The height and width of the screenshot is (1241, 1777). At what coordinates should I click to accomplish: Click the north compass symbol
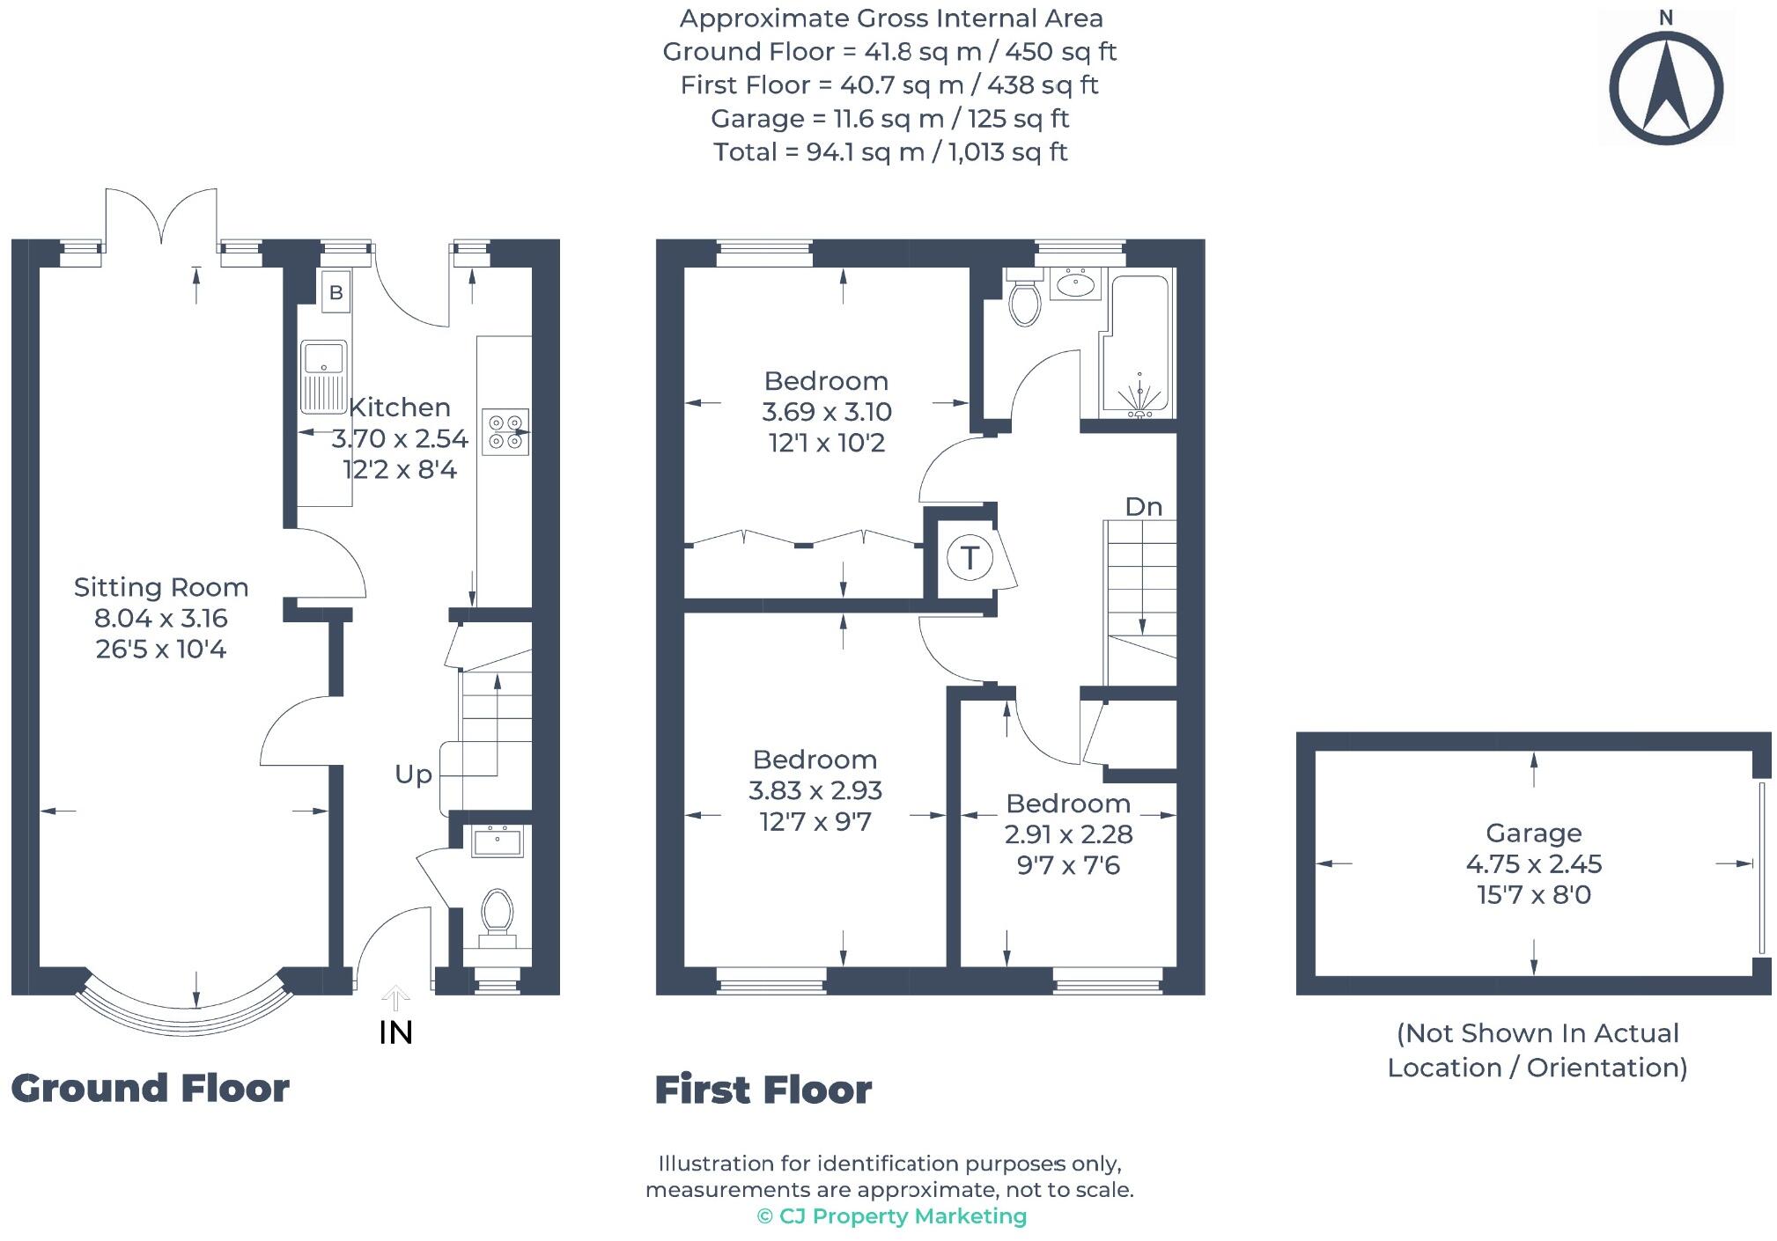tap(1665, 88)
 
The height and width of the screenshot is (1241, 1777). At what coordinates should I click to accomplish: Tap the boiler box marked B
tap(335, 292)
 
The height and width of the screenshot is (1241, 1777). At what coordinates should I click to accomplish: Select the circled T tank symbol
tap(970, 557)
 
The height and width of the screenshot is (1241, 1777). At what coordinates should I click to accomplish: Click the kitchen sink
tap(324, 377)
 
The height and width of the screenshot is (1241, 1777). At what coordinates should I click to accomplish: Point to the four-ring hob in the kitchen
tap(505, 432)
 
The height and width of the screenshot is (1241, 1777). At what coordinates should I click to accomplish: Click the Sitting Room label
tap(161, 587)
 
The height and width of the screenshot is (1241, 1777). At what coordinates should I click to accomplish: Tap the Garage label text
tap(1533, 833)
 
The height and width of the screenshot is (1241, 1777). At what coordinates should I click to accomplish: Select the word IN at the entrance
tap(395, 1033)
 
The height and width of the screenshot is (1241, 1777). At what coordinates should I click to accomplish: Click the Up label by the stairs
tap(413, 775)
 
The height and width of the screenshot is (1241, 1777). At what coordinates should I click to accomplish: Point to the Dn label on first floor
tap(1143, 507)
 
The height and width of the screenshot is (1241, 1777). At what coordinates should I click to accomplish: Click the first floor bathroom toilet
tap(1024, 299)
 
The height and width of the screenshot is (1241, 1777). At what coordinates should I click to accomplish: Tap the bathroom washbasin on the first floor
tap(1074, 285)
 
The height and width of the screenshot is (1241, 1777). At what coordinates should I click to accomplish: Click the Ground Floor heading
tap(150, 1089)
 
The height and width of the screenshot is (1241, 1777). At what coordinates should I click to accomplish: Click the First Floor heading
tap(763, 1090)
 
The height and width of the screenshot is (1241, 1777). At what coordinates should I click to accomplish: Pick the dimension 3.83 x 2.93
tap(815, 790)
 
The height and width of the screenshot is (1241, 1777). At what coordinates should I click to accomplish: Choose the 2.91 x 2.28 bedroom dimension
tap(1068, 834)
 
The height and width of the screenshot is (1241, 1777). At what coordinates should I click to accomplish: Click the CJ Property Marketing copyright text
tap(891, 1216)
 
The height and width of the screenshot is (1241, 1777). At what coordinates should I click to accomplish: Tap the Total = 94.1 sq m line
tap(890, 152)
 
